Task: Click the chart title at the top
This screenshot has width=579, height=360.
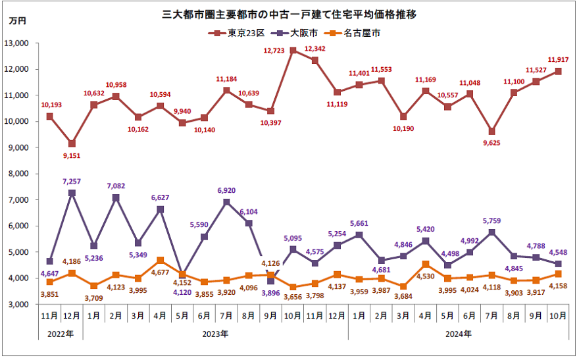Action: pyautogui.click(x=289, y=14)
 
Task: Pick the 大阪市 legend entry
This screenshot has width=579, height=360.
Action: pyautogui.click(x=303, y=32)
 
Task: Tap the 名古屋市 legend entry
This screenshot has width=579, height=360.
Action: pyautogui.click(x=361, y=32)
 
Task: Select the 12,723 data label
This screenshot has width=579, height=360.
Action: pyautogui.click(x=274, y=50)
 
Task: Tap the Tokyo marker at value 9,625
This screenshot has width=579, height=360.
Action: pyautogui.click(x=491, y=131)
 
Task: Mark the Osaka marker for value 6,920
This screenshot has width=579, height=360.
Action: pyautogui.click(x=226, y=202)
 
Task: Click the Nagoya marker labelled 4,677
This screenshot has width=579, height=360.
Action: pyautogui.click(x=161, y=261)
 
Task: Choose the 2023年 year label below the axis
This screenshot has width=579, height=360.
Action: pyautogui.click(x=215, y=334)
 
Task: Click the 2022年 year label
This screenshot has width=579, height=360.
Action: pyautogui.click(x=61, y=334)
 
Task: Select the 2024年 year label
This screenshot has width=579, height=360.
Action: pyautogui.click(x=458, y=334)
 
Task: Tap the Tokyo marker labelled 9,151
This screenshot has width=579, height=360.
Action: pyautogui.click(x=72, y=143)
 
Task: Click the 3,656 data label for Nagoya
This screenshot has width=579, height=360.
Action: pyautogui.click(x=293, y=297)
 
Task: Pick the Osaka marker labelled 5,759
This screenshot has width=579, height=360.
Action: pyautogui.click(x=491, y=232)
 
